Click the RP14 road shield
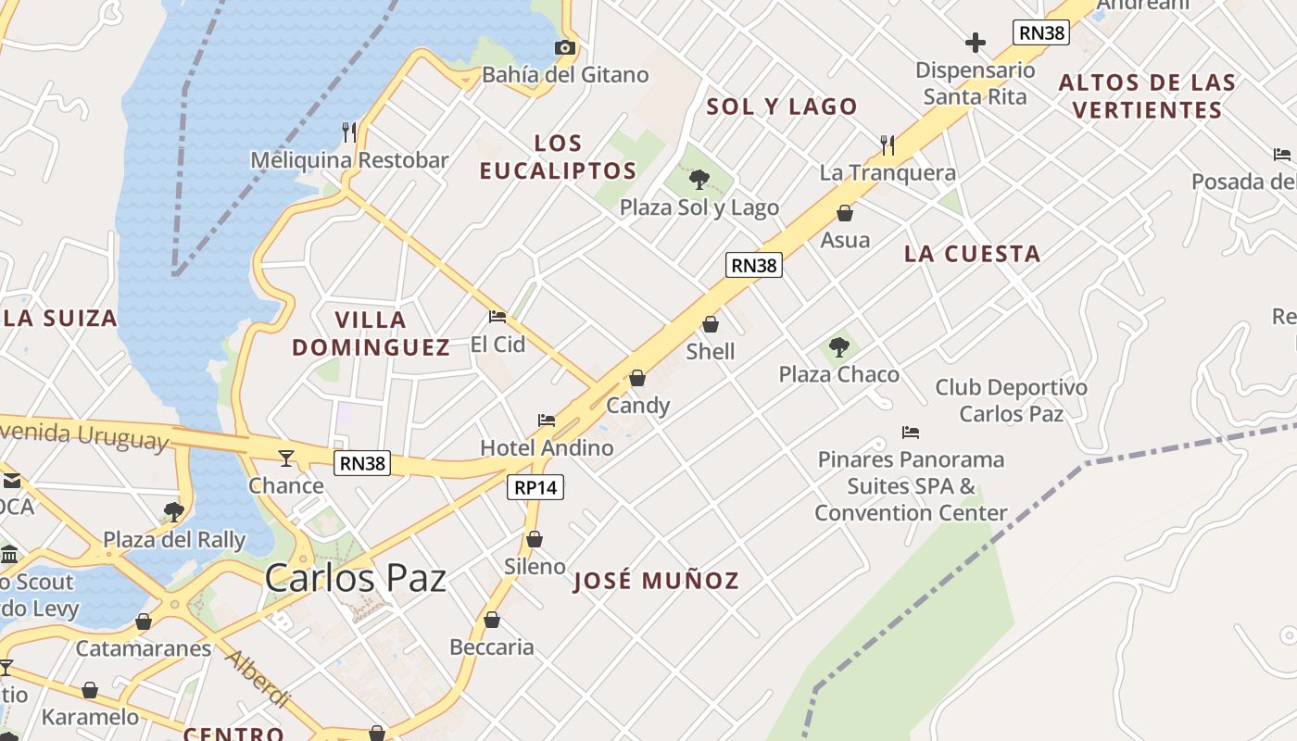pyautogui.click(x=535, y=487)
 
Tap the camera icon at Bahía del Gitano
pyautogui.click(x=564, y=47)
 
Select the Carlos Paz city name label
pyautogui.click(x=356, y=578)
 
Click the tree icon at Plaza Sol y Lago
pyautogui.click(x=699, y=180)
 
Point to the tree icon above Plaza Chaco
pyautogui.click(x=839, y=347)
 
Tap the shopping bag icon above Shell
pyautogui.click(x=711, y=324)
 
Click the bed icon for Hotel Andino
pyautogui.click(x=547, y=421)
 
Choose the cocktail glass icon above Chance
pyautogui.click(x=286, y=458)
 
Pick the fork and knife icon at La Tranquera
pyautogui.click(x=888, y=145)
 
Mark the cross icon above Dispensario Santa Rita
pyautogui.click(x=975, y=43)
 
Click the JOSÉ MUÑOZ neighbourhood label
pyautogui.click(x=656, y=581)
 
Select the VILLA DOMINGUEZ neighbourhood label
pyautogui.click(x=371, y=333)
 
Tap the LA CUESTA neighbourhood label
pyautogui.click(x=972, y=254)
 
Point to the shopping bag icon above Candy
pyautogui.click(x=637, y=378)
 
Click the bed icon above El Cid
pyautogui.click(x=497, y=317)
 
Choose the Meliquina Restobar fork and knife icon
pyautogui.click(x=349, y=132)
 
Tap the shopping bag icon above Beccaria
pyautogui.click(x=492, y=620)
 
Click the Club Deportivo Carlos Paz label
pyautogui.click(x=1011, y=400)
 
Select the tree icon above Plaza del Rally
pyautogui.click(x=173, y=511)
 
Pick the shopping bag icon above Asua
pyautogui.click(x=845, y=213)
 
